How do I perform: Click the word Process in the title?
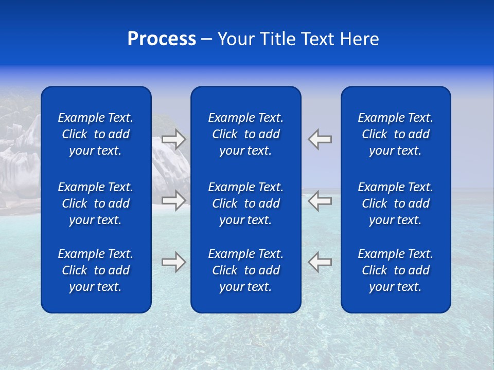(162, 39)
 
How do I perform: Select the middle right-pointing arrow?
(173, 200)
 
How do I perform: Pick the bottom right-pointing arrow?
(173, 262)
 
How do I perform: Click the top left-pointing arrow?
(320, 139)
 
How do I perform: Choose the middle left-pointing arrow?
(320, 200)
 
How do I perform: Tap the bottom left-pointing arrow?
(320, 262)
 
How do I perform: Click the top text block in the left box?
(96, 134)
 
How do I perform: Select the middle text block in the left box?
(96, 203)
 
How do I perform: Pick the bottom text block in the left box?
(96, 270)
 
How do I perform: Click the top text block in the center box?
(245, 134)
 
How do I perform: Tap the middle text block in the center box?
(245, 203)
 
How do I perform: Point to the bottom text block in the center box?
(245, 270)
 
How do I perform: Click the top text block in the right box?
(395, 134)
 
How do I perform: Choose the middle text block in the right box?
(395, 203)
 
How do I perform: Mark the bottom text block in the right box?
(395, 270)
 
